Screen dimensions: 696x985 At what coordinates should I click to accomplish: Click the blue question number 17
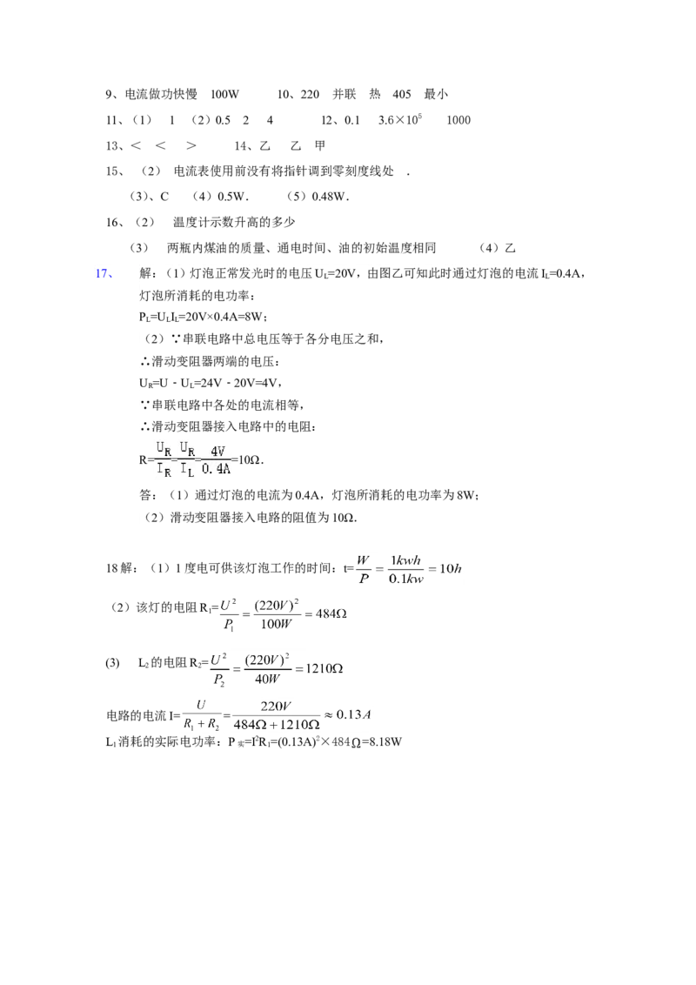click(x=104, y=273)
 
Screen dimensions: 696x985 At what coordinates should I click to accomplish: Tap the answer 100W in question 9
click(x=224, y=94)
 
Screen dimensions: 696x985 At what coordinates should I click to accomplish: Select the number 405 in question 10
click(x=401, y=94)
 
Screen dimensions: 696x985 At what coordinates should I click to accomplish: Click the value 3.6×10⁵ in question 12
click(x=400, y=119)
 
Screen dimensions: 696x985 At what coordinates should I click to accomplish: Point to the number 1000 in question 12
click(x=458, y=120)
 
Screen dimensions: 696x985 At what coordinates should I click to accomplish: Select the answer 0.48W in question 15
click(x=329, y=197)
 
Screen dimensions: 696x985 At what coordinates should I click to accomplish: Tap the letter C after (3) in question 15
click(x=164, y=197)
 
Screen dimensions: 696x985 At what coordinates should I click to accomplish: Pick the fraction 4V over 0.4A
click(x=216, y=459)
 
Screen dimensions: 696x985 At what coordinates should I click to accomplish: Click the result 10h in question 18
click(x=451, y=568)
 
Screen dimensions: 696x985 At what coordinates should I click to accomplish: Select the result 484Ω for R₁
click(x=331, y=613)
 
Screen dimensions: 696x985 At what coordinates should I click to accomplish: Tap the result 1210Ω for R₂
click(x=325, y=668)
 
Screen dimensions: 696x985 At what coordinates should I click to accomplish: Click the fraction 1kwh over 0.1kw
click(x=405, y=569)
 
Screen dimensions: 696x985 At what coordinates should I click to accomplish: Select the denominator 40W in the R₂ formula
click(x=268, y=679)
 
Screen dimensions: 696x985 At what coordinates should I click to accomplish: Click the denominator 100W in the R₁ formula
click(x=277, y=624)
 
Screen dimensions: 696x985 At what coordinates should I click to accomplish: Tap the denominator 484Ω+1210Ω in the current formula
click(x=277, y=724)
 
